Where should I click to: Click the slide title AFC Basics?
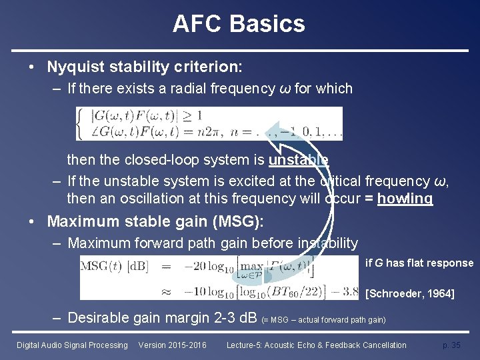(239, 24)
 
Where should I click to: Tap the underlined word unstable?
(298, 160)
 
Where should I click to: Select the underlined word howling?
(405, 199)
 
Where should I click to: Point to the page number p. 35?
(451, 345)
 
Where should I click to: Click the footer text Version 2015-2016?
(172, 345)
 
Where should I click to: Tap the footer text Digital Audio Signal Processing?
(72, 345)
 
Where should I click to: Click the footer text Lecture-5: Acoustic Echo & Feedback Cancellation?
(316, 345)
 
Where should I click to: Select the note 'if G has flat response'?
(419, 263)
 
